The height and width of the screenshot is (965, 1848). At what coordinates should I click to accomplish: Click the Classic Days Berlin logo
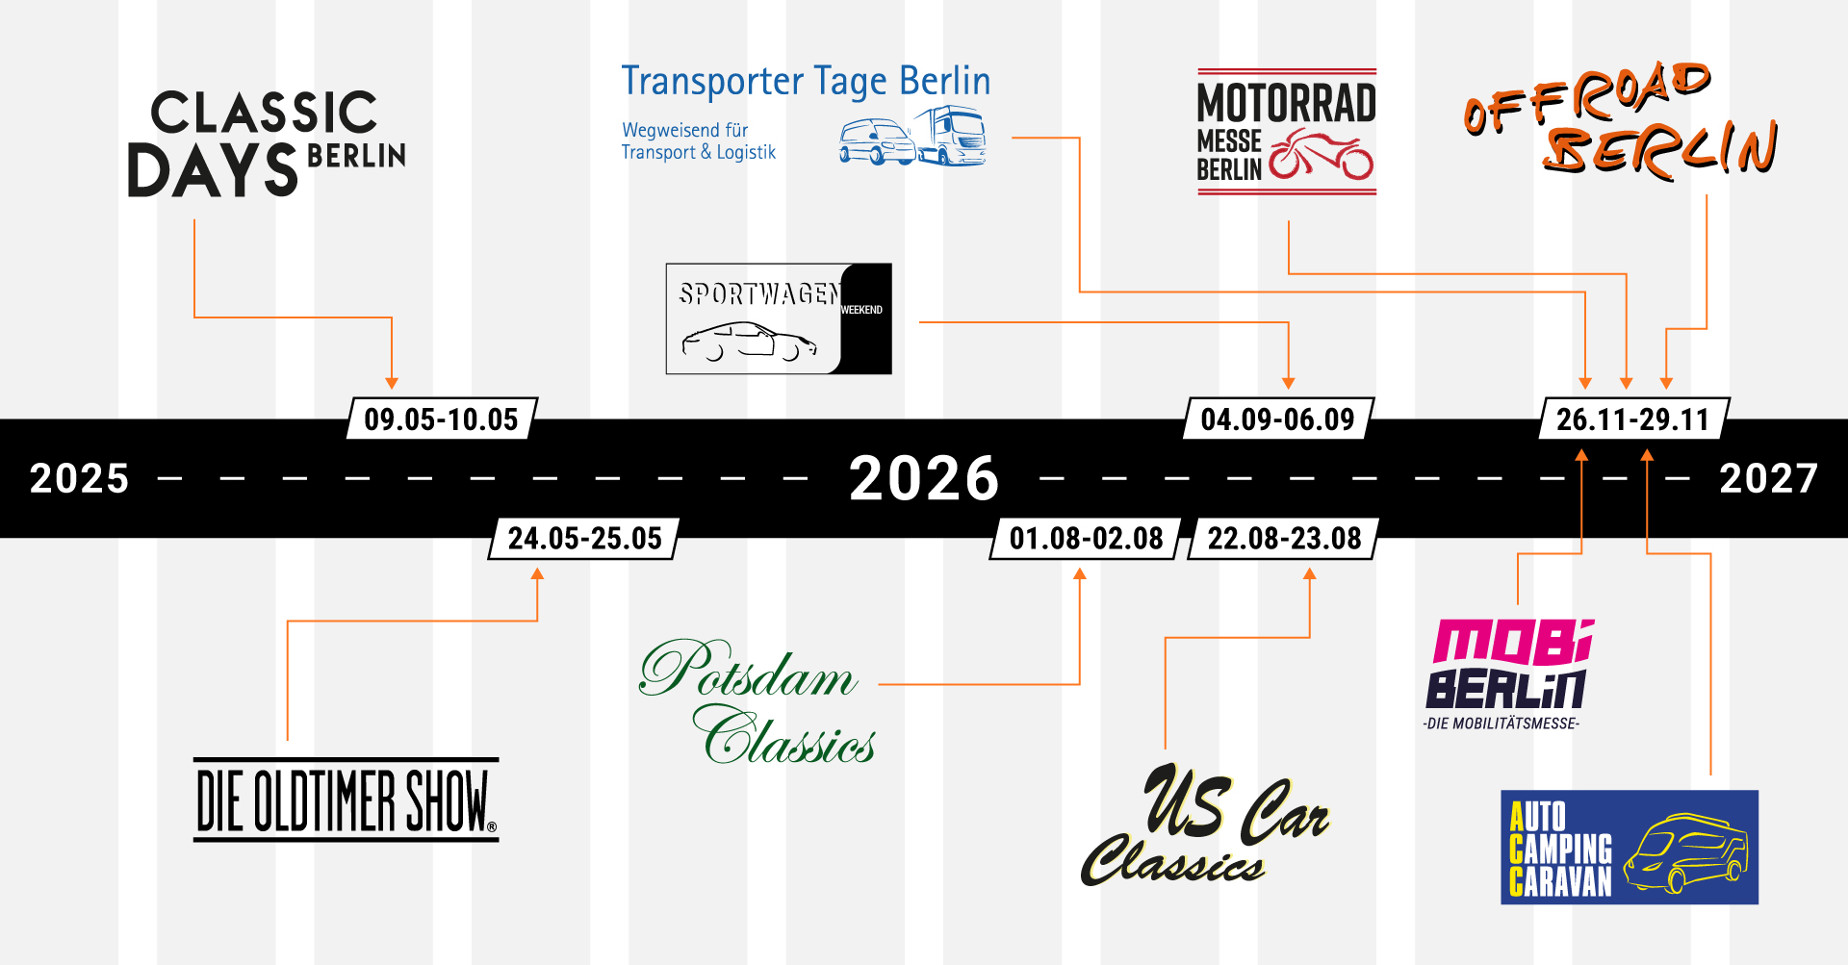tap(266, 144)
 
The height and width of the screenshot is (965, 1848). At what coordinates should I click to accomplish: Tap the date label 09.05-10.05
tap(441, 419)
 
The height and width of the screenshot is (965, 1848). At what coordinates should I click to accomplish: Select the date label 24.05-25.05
tap(584, 538)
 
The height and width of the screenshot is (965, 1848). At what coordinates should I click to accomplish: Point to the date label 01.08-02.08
tap(1086, 538)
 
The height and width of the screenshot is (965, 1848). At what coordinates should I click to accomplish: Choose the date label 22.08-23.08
tap(1284, 538)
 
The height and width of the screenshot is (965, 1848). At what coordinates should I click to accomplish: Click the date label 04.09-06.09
tap(1277, 419)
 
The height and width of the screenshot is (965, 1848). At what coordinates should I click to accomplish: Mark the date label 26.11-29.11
tap(1632, 419)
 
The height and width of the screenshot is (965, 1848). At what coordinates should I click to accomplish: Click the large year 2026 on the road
tap(924, 478)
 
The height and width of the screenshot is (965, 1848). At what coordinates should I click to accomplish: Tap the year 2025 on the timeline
tap(79, 478)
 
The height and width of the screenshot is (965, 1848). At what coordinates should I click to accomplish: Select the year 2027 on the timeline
tap(1768, 478)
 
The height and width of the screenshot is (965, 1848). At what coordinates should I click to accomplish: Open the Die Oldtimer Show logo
tap(346, 800)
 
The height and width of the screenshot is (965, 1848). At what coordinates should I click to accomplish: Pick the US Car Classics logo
tap(1206, 825)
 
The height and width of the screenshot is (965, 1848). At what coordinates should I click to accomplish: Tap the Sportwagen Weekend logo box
tap(778, 318)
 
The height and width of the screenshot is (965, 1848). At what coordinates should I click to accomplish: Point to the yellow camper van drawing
tap(1685, 852)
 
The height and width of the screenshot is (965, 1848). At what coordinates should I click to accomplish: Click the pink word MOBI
tap(1512, 642)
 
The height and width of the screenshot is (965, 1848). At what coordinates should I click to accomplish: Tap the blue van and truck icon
tap(912, 138)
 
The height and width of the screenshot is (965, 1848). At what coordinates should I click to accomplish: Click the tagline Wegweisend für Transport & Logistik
tap(698, 141)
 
